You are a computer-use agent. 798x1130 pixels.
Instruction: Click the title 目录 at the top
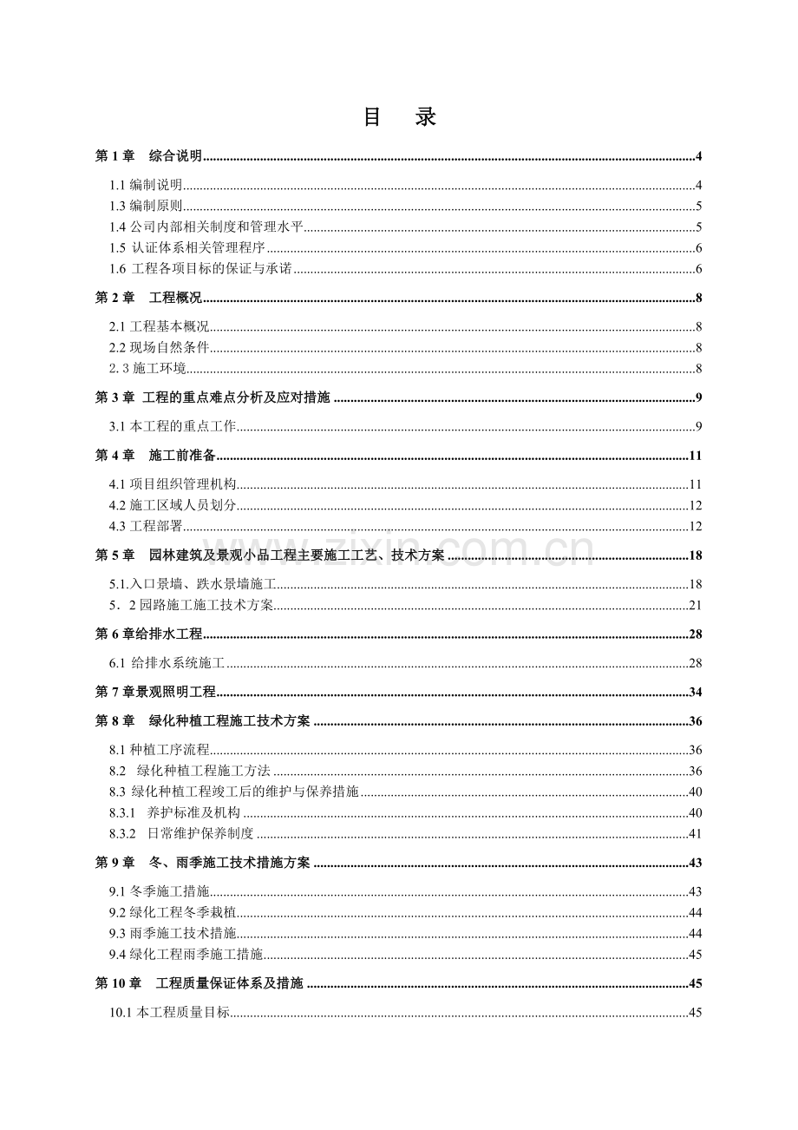click(x=399, y=118)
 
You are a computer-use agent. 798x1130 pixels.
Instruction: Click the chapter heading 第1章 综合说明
click(x=148, y=156)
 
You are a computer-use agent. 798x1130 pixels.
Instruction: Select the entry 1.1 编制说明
click(x=146, y=185)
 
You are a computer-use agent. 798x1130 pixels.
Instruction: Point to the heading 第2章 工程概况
click(x=148, y=299)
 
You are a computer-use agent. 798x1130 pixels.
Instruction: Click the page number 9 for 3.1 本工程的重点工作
click(x=698, y=426)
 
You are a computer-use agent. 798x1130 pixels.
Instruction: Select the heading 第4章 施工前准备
click(x=155, y=456)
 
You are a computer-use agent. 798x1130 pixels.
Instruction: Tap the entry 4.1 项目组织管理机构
click(x=173, y=484)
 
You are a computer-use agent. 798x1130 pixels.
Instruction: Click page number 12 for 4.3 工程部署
click(x=696, y=527)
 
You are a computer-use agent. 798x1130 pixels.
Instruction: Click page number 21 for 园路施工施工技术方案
click(x=696, y=606)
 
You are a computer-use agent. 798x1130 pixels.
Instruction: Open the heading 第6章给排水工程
click(x=148, y=634)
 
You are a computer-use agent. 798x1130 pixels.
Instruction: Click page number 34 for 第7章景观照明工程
click(x=696, y=692)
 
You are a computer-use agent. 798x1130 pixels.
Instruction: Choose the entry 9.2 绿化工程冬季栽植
click(x=173, y=913)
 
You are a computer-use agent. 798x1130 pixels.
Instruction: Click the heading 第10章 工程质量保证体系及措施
click(x=199, y=984)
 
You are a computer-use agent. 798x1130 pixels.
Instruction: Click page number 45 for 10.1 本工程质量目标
click(x=696, y=1013)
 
